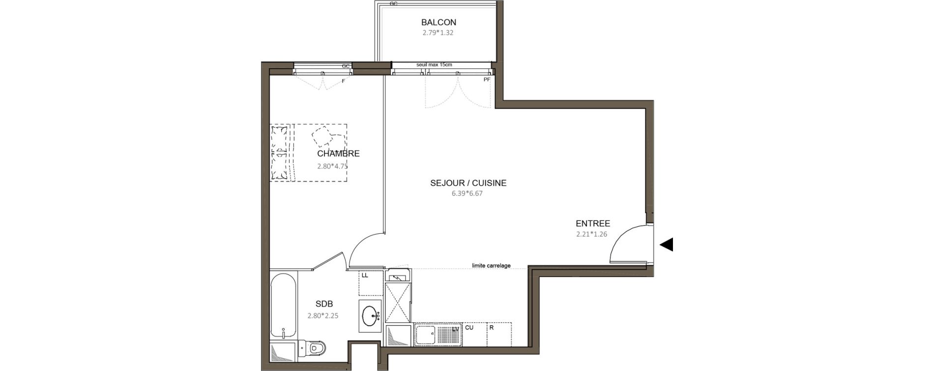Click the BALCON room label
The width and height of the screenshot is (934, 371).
point(438,22)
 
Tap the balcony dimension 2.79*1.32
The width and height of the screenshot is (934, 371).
point(438,33)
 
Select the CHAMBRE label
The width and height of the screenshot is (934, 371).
point(338,154)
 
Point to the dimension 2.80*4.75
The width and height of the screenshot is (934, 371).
point(332,166)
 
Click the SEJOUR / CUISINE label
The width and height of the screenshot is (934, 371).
point(468,183)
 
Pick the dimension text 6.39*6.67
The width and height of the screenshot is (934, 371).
point(467,194)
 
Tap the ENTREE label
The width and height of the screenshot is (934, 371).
point(593,223)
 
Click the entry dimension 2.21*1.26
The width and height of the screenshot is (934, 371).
point(592,234)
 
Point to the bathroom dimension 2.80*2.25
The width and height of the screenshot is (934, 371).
point(323,316)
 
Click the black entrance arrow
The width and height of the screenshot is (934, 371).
point(666,245)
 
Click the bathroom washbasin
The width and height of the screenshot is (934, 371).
point(370,315)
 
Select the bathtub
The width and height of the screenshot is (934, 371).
point(283,306)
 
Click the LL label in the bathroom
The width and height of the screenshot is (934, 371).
point(365,276)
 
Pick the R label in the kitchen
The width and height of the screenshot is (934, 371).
point(491,327)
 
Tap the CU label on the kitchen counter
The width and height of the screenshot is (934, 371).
point(469,327)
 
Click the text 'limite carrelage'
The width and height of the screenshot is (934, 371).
point(491,266)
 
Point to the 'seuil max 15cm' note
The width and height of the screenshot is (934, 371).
point(434,64)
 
